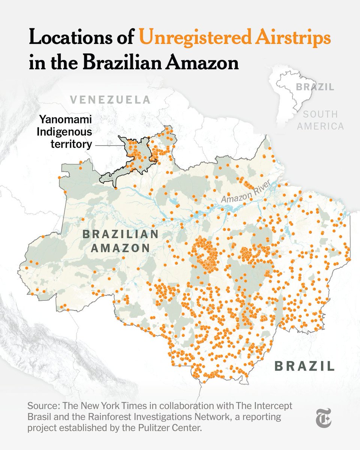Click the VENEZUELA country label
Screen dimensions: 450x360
(110, 100)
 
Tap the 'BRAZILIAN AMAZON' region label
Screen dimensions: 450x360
(120, 241)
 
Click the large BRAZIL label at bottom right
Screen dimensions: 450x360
(304, 365)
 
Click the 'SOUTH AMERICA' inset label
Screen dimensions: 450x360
(320, 120)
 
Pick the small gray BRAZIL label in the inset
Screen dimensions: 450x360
(315, 87)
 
